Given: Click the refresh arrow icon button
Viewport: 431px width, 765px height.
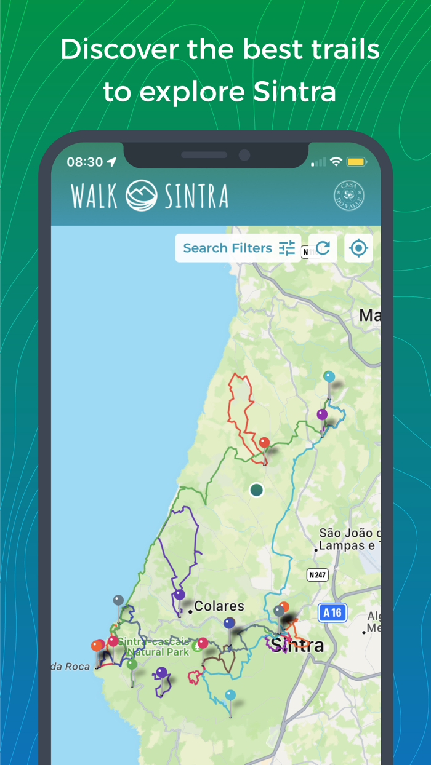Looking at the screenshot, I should point(323,248).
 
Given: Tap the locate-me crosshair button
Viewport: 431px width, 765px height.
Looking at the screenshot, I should point(358,248).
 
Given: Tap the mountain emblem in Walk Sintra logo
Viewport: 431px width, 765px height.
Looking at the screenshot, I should point(142,196).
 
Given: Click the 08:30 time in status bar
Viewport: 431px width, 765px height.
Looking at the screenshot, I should point(84,162).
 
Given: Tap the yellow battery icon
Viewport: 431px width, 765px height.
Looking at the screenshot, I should point(356,162).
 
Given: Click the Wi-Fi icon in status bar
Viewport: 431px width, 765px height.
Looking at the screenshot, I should point(336,162).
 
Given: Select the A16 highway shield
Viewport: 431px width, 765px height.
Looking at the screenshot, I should point(332,612).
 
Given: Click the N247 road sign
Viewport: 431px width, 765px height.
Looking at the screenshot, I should point(318,575).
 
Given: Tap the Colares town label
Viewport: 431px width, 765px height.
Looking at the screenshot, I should point(220,606).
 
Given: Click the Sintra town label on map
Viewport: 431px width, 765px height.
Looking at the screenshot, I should point(297,646).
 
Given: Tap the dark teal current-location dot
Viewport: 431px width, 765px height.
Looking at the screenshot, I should point(257,490).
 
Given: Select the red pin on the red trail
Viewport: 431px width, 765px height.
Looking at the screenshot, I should point(264,443).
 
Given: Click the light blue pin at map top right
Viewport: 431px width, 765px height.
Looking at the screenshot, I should point(329,376).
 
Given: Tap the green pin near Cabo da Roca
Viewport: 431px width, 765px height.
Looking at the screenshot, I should point(132,664).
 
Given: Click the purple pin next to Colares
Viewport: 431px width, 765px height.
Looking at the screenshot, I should point(179,595).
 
